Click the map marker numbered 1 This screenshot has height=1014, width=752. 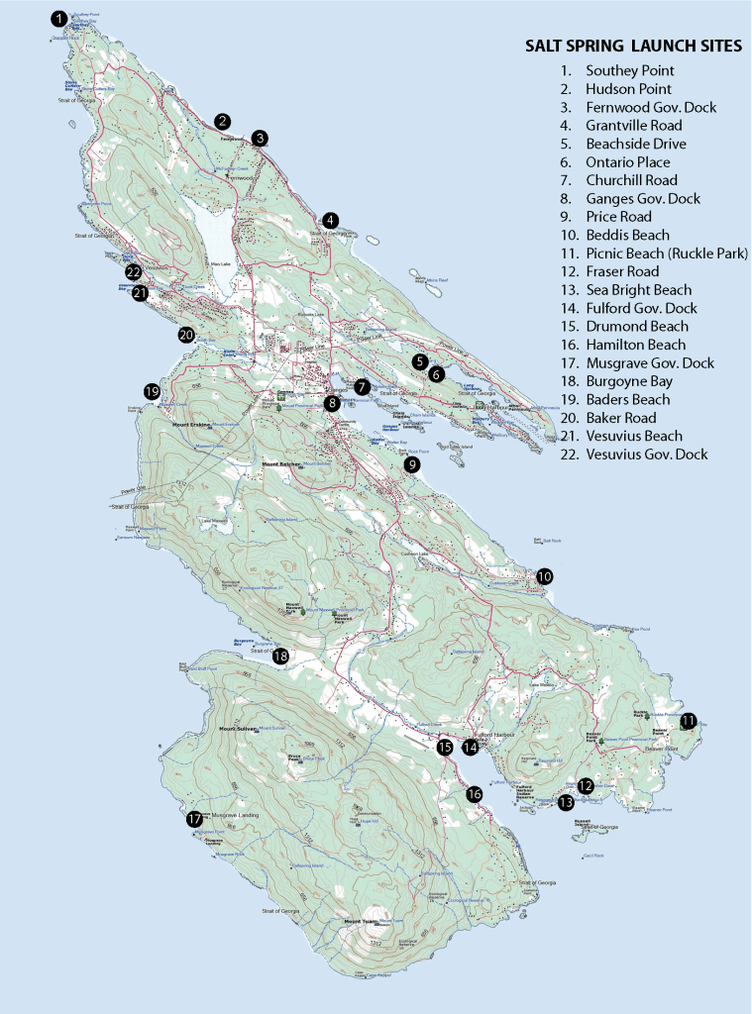pos(60,18)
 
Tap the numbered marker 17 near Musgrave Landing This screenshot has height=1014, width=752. pos(194,819)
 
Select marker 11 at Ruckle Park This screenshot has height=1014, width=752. pos(688,721)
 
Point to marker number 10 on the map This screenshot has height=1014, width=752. pos(544,576)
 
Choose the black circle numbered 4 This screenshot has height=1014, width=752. pos(330,220)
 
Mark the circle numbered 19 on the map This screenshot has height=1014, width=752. pos(152,391)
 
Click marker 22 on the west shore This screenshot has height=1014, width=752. pos(133,272)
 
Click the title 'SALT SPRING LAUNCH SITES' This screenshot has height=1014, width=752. pos(633,47)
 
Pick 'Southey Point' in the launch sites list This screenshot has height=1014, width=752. pos(629,71)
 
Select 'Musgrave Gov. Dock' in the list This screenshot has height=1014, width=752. pos(649,363)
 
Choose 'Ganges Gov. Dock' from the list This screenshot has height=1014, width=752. pos(643,199)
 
